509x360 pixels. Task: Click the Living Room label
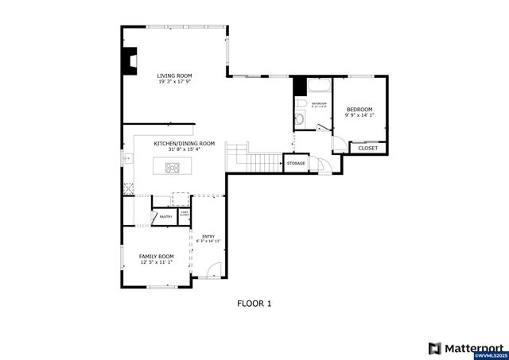point(173,75)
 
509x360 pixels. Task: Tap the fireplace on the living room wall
point(129,61)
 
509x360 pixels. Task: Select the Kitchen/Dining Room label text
point(185,143)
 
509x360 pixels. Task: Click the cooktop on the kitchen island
point(173,167)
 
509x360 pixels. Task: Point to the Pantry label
point(166,216)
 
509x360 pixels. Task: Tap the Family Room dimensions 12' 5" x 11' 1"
point(157,262)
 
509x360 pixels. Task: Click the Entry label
point(208,236)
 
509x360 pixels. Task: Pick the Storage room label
point(295,163)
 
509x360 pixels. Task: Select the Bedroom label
point(359,109)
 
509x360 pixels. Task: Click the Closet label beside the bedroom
point(368,148)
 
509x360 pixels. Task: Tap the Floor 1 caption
point(254,303)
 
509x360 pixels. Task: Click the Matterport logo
point(466,347)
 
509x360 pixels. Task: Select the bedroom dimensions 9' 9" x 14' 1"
point(359,115)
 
